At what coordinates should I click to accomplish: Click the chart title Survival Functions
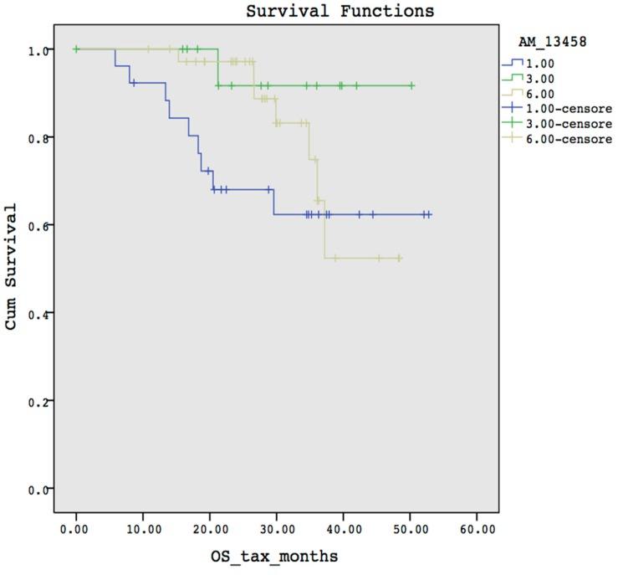click(x=340, y=12)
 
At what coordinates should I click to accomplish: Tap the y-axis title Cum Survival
click(x=12, y=267)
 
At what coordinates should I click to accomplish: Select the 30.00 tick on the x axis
click(x=276, y=529)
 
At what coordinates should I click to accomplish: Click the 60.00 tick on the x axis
click(x=477, y=529)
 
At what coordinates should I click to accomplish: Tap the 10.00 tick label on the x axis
click(x=142, y=529)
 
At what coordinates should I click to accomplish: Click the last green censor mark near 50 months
click(x=411, y=85)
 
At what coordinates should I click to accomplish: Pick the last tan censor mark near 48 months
click(x=399, y=258)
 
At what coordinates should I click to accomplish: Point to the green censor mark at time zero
click(x=76, y=49)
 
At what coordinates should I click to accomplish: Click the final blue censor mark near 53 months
click(x=429, y=214)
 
